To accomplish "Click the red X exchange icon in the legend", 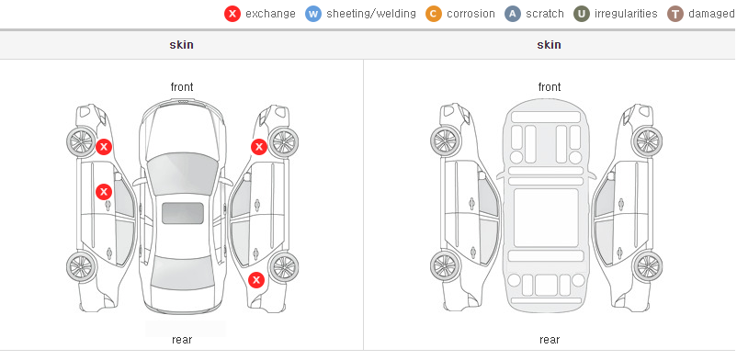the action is [x=232, y=14].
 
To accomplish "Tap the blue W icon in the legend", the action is [x=313, y=14].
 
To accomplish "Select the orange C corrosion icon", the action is [x=434, y=14].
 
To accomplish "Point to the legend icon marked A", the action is [x=513, y=14].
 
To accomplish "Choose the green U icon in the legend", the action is [x=582, y=14].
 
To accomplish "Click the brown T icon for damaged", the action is [x=675, y=14].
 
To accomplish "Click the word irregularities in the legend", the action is [x=626, y=14].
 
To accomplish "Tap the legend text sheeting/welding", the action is [x=371, y=14].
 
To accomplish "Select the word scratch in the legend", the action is [x=545, y=14].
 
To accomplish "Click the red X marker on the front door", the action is [x=104, y=192].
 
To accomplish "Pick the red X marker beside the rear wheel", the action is [x=256, y=281].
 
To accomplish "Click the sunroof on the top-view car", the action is [x=183, y=213].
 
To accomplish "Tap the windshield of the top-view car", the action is [x=182, y=174].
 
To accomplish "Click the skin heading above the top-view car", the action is [x=181, y=45].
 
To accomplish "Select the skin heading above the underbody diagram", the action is [x=549, y=45].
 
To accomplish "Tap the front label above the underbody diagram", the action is [x=550, y=87].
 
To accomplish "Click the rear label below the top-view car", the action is [x=182, y=340].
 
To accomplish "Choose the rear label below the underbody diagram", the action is [x=550, y=340].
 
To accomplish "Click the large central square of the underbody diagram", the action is [x=546, y=218].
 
